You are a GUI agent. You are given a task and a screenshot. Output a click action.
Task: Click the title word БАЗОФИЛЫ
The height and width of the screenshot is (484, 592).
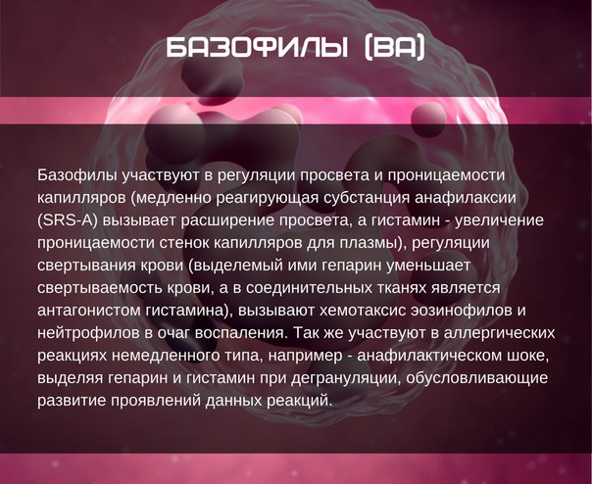pos(257,48)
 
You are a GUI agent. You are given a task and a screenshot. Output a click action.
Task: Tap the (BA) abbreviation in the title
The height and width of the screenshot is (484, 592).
pos(395,48)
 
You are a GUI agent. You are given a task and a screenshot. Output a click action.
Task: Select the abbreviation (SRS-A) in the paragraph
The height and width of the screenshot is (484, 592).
pos(68,220)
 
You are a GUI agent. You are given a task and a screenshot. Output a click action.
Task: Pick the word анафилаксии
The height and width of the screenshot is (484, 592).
pos(466,198)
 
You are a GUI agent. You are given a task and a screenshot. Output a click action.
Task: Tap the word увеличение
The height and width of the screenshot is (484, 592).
pos(499,220)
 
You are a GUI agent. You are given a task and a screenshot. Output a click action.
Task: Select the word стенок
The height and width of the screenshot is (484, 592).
pos(184,243)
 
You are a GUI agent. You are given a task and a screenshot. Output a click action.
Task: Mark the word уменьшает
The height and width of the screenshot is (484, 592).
pos(428,266)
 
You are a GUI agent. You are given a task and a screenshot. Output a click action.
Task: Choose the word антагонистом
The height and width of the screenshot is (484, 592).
pos(89,311)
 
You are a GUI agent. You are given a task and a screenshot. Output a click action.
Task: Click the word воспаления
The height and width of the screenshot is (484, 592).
pos(241,333)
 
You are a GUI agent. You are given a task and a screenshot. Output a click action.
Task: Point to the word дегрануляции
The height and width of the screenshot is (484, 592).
pos(346,378)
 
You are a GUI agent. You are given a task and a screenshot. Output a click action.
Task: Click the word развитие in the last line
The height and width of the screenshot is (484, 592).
pos(72,401)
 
